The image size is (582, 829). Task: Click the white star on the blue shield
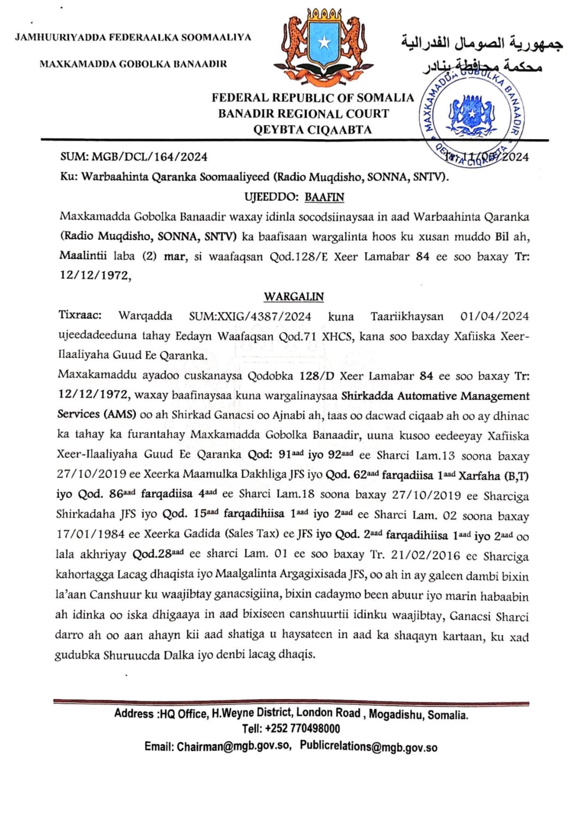[x=323, y=43]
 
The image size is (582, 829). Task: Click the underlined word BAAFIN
[x=324, y=197]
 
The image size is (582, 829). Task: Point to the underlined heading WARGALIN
[x=294, y=296]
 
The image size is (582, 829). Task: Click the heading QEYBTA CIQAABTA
[x=313, y=130]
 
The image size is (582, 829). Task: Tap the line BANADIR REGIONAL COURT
[x=304, y=114]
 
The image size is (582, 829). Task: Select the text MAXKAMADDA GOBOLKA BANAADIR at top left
[x=133, y=64]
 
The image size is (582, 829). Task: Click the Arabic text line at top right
[x=482, y=44]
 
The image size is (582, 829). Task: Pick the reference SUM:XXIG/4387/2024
[x=250, y=316]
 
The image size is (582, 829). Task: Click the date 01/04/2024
[x=494, y=316]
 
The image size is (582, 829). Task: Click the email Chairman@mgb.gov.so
[x=234, y=746]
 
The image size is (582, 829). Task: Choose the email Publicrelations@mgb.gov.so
[x=369, y=746]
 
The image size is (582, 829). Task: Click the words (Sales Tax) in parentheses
[x=247, y=534]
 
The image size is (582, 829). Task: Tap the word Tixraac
[x=80, y=315]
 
